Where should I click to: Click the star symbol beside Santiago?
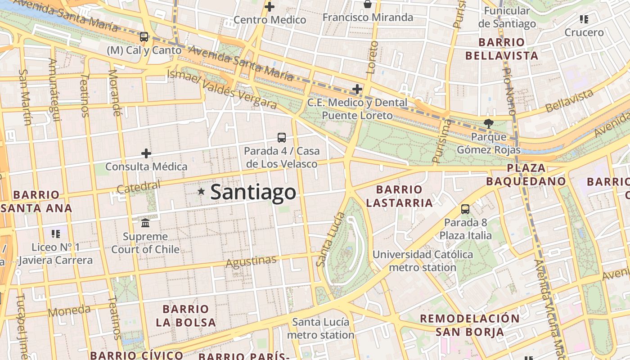[x=201, y=192]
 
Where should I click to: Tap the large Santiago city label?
[x=253, y=192]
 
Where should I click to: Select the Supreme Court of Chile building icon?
[x=145, y=223]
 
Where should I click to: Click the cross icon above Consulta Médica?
[x=146, y=153]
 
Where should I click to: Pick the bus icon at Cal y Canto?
[x=144, y=37]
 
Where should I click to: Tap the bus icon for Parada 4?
[x=282, y=138]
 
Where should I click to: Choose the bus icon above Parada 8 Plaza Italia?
[x=465, y=209]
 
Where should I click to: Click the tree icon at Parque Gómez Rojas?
[x=488, y=123]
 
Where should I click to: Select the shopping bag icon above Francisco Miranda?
[x=368, y=4]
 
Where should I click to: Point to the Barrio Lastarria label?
[x=399, y=196]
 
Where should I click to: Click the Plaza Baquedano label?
[x=526, y=175]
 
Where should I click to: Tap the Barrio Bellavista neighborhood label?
[x=501, y=49]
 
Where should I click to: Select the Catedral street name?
[x=138, y=187]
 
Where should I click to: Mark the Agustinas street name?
[x=251, y=261]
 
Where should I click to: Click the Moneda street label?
[x=69, y=310]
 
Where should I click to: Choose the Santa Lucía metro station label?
[x=320, y=328]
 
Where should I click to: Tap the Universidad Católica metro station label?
[x=423, y=261]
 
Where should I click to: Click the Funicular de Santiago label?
[x=507, y=17]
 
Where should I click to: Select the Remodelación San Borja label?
[x=470, y=325]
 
